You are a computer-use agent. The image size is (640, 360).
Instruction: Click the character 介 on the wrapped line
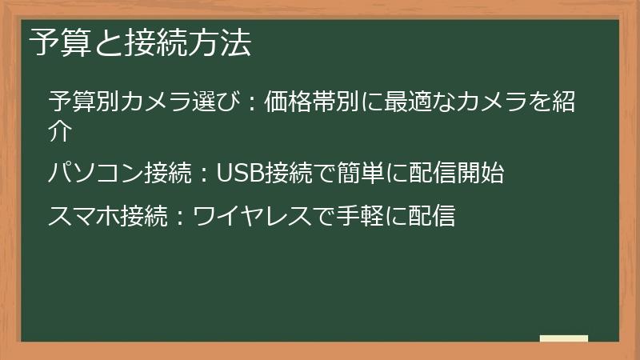[x=61, y=130]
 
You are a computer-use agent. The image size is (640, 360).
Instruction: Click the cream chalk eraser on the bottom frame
[x=563, y=339]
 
